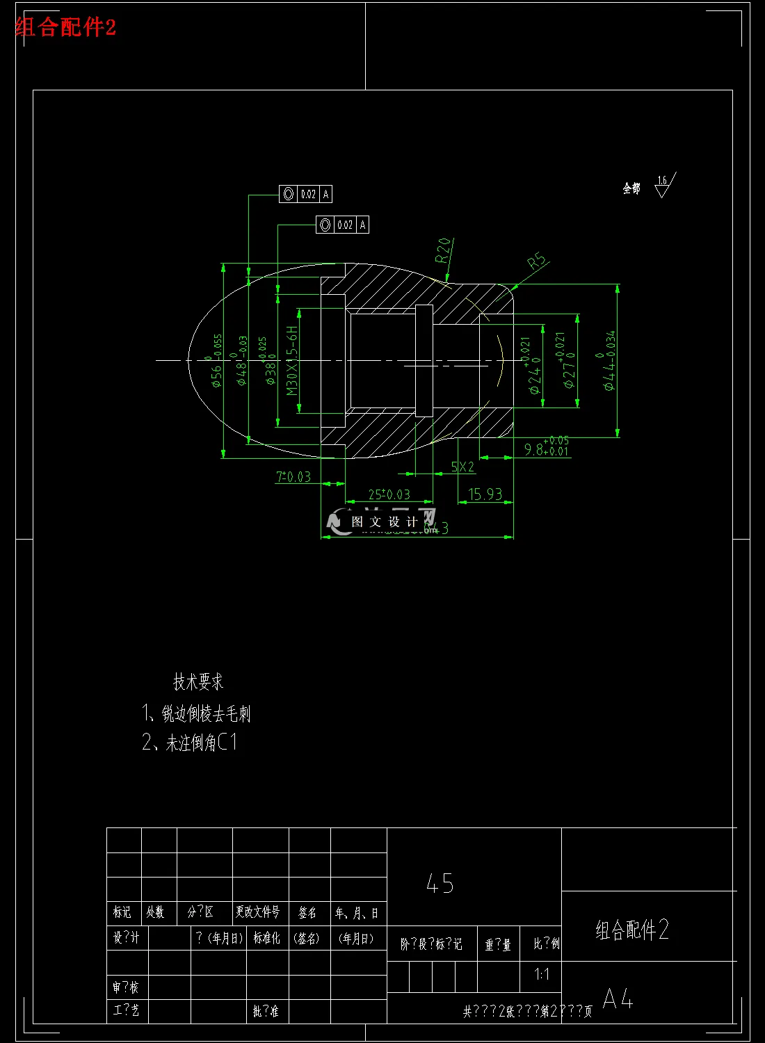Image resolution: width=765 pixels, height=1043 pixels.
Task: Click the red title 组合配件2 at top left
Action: pyautogui.click(x=65, y=27)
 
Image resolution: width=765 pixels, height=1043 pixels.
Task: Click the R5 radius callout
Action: pyautogui.click(x=537, y=261)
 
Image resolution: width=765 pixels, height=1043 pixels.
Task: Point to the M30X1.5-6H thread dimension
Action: pyautogui.click(x=293, y=360)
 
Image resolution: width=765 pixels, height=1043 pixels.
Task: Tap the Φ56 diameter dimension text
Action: pyautogui.click(x=216, y=362)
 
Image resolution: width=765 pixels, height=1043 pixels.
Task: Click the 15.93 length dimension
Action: pyautogui.click(x=485, y=494)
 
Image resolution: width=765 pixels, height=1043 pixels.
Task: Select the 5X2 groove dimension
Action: pyautogui.click(x=462, y=467)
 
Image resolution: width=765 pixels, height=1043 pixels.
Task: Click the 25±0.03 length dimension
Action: pyautogui.click(x=389, y=494)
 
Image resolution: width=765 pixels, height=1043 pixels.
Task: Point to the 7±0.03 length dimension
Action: pyautogui.click(x=293, y=477)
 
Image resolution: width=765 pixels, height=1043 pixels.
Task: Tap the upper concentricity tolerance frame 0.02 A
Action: pyautogui.click(x=305, y=194)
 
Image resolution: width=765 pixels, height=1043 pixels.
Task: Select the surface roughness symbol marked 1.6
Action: pyautogui.click(x=663, y=186)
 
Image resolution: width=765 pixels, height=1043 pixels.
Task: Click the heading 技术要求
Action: pyautogui.click(x=198, y=681)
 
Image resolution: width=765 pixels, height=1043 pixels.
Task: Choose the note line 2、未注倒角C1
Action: pyautogui.click(x=189, y=743)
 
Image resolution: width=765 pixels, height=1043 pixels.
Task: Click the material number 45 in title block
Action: pyautogui.click(x=440, y=883)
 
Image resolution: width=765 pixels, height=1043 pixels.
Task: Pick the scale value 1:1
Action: pyautogui.click(x=542, y=974)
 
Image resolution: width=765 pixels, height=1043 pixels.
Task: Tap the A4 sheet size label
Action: pyautogui.click(x=618, y=999)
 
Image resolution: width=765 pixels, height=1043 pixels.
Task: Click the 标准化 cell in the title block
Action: pyautogui.click(x=266, y=938)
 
